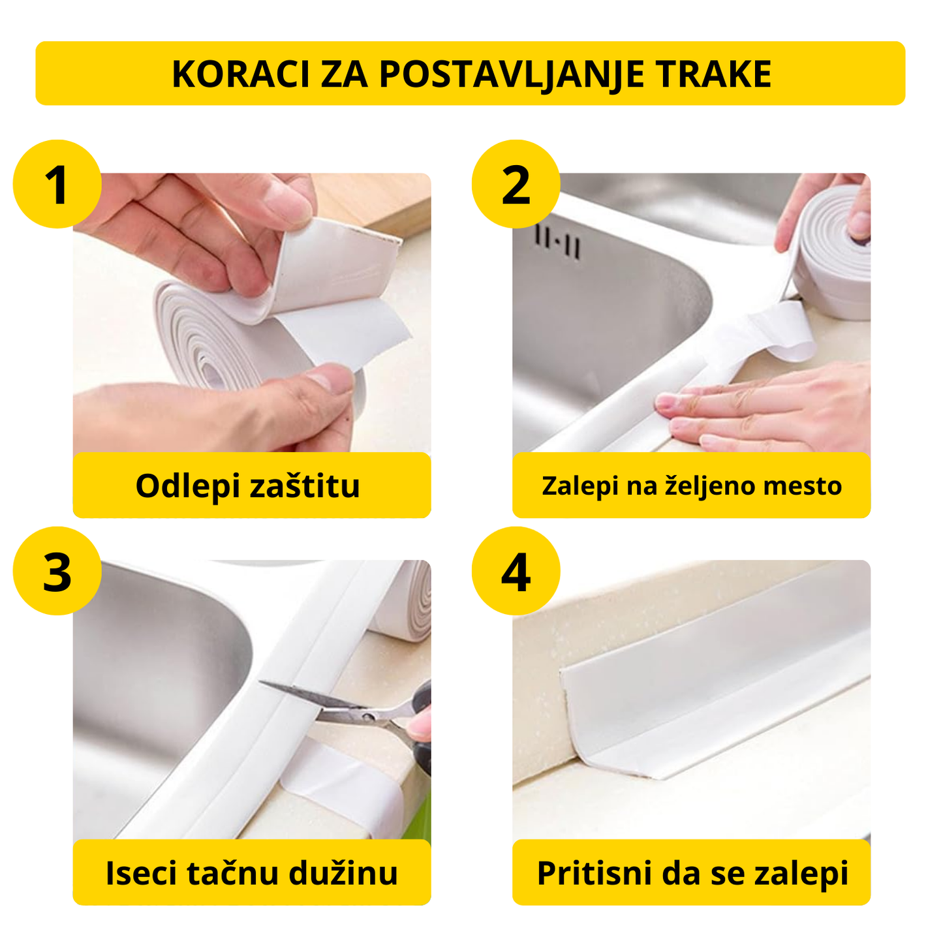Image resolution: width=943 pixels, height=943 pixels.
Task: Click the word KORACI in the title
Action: click(240, 74)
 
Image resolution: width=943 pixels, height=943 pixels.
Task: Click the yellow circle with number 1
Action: click(57, 185)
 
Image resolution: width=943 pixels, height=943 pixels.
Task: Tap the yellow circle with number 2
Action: click(516, 185)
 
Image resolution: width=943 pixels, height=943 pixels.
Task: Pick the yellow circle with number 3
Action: click(57, 572)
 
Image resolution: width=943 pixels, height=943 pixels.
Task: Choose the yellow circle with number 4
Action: click(516, 572)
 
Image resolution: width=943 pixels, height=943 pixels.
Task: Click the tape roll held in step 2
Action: click(832, 251)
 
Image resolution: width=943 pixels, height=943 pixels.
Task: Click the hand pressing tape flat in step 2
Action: click(770, 411)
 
